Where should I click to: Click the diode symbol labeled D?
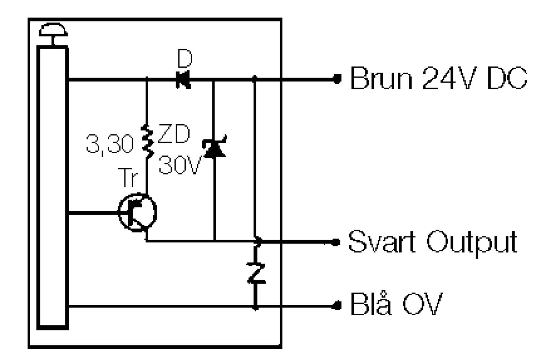click(183, 79)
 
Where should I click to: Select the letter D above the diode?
click(185, 59)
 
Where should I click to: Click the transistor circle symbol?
click(137, 213)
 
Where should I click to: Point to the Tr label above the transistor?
click(128, 178)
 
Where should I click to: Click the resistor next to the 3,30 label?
click(147, 142)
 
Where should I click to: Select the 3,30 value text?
click(109, 145)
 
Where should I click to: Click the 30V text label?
click(179, 165)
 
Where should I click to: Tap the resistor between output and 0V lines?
click(256, 273)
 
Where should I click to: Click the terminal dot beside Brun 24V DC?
click(337, 79)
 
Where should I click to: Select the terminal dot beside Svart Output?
click(336, 242)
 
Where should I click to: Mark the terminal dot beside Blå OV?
click(337, 306)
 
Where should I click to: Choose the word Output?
click(472, 242)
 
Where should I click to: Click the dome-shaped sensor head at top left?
click(53, 30)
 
